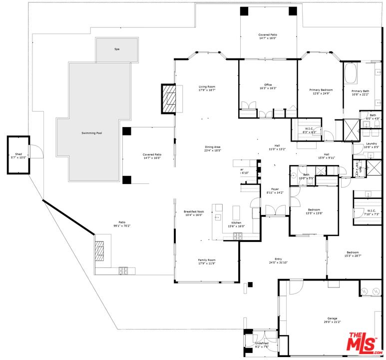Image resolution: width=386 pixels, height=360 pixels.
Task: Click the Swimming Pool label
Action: pyautogui.click(x=92, y=133)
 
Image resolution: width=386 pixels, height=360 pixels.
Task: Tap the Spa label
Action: pyautogui.click(x=117, y=49)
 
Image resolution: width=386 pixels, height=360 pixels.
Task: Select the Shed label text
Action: pyautogui.click(x=18, y=155)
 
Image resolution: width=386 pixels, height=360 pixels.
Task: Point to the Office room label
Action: pyautogui.click(x=268, y=86)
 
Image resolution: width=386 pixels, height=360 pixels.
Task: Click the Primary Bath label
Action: pyautogui.click(x=360, y=92)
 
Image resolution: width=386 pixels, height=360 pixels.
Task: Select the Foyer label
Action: pyautogui.click(x=275, y=190)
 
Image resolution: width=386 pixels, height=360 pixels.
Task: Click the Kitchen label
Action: pyautogui.click(x=236, y=224)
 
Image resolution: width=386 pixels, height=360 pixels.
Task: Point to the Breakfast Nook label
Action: pyautogui.click(x=194, y=213)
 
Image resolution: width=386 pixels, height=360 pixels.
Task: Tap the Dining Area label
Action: pyautogui.click(x=212, y=148)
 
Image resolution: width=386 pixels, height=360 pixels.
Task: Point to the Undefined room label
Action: pyautogui.click(x=262, y=344)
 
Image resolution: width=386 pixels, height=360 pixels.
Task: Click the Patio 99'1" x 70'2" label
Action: pyautogui.click(x=121, y=224)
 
